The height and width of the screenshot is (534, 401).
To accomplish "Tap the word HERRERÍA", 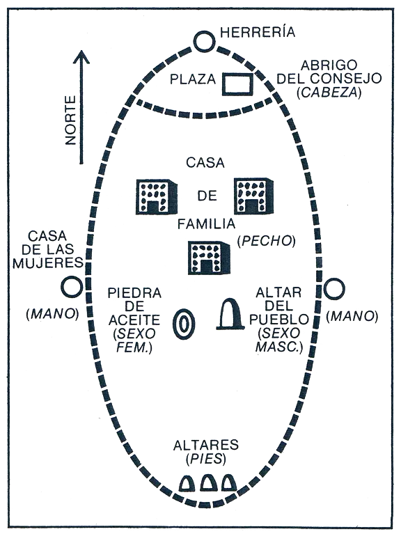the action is (258, 32).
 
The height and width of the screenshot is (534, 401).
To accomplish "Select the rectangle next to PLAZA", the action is (238, 84).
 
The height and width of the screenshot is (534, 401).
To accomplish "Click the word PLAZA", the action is (193, 79).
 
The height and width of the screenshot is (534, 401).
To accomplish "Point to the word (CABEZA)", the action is (329, 93).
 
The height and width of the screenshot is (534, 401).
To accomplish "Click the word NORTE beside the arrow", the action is (70, 120).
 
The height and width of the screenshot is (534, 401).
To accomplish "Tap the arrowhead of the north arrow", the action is (81, 57).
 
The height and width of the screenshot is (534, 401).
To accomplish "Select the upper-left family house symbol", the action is (157, 196).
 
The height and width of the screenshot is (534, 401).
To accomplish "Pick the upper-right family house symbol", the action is (253, 196).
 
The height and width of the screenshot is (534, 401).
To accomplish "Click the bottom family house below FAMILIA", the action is (209, 258).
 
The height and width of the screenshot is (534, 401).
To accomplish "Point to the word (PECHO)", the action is (266, 241).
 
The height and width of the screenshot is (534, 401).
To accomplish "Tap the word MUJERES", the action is (47, 263).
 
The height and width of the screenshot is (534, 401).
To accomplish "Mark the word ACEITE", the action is (134, 320).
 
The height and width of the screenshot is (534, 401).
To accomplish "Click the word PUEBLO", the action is (279, 320).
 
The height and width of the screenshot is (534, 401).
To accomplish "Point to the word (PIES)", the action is (206, 460).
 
